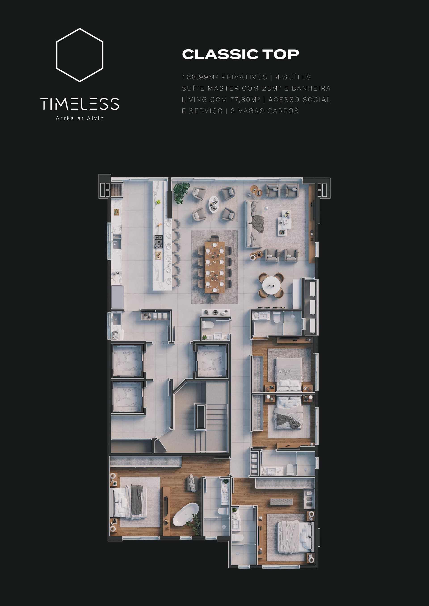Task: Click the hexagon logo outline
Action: tap(56, 55)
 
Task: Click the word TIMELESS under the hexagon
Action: tap(80, 104)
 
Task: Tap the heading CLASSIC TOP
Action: tap(240, 54)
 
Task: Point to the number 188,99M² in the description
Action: tap(200, 77)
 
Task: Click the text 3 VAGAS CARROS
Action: tap(265, 111)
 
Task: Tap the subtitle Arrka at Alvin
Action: tap(80, 118)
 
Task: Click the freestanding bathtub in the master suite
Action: tap(186, 514)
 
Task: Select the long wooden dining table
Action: tap(215, 267)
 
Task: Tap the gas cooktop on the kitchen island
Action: tap(158, 242)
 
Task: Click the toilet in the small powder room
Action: tap(208, 325)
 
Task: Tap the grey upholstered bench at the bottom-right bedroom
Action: tap(281, 502)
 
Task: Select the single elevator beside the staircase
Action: tap(212, 361)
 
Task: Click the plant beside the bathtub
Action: tap(195, 524)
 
